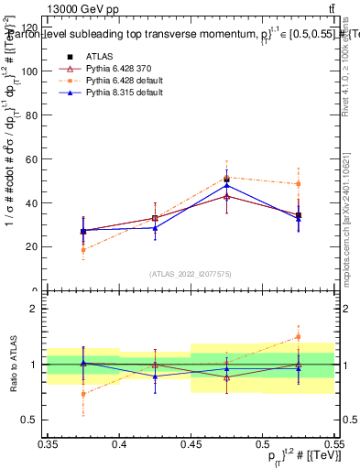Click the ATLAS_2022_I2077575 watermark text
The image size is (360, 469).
click(191, 274)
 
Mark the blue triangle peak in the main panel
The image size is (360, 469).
click(227, 186)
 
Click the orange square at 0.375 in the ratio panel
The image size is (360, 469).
click(84, 394)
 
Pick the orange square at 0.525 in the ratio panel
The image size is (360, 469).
click(298, 337)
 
